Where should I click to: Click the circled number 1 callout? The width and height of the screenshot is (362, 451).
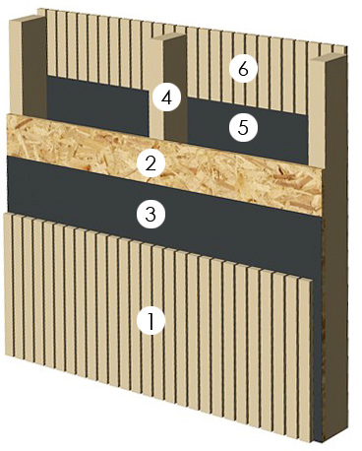(x=151, y=321)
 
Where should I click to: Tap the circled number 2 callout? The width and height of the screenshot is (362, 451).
(x=151, y=163)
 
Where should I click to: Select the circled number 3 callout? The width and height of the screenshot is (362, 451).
(x=151, y=215)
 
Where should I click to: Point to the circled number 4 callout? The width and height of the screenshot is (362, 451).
(x=167, y=97)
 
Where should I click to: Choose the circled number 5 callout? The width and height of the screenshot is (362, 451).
(x=243, y=127)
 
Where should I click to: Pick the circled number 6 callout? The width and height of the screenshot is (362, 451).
(x=243, y=68)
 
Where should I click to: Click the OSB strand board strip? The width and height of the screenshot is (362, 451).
(x=164, y=164)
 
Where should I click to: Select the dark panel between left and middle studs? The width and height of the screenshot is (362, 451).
(x=97, y=105)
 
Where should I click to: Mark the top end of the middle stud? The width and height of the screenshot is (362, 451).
(x=169, y=36)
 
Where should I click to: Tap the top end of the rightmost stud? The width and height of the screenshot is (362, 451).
(x=328, y=58)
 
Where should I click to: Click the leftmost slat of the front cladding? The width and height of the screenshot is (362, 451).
(x=9, y=285)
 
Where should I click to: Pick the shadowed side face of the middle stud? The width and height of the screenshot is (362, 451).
(x=175, y=89)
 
